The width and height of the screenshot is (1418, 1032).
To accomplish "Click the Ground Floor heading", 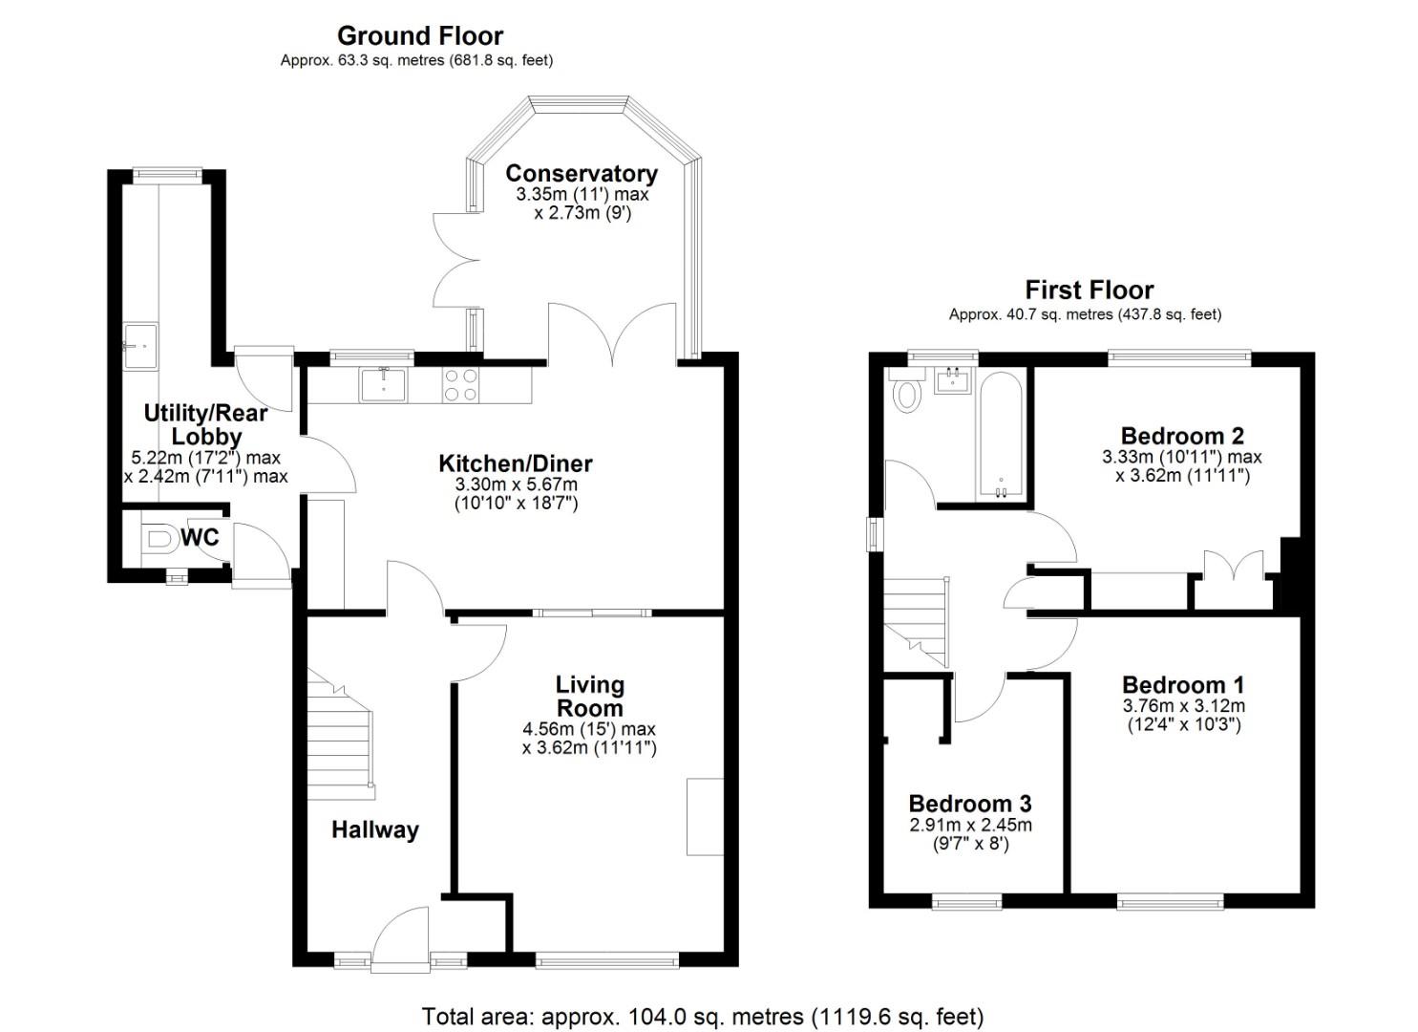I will click(419, 36).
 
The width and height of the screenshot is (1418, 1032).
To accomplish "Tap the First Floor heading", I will click(1089, 290).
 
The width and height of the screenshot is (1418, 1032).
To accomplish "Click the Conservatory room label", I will click(581, 173).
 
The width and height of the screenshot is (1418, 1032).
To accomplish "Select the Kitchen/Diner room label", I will click(515, 463).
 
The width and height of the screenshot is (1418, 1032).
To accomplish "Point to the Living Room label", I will click(589, 697).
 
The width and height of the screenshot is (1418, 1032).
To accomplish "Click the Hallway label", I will click(374, 829).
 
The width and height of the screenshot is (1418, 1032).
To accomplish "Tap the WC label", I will click(200, 538).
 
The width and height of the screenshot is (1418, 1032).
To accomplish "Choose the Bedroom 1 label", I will click(1182, 685).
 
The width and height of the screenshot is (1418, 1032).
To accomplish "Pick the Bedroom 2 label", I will click(1181, 436).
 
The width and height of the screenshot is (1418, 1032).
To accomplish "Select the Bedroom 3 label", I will click(969, 804).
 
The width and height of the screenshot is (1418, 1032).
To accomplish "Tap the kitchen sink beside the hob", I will click(383, 384).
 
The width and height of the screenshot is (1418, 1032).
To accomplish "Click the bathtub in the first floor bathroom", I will click(1001, 435).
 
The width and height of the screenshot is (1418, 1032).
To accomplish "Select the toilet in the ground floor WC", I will click(159, 539).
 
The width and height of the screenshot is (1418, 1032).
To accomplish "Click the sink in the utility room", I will click(140, 344).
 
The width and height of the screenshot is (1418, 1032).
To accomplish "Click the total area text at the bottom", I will click(702, 1016).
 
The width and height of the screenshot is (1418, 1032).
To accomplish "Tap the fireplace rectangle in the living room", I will click(705, 816).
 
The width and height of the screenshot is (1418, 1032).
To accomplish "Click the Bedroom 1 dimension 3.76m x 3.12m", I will click(1182, 706).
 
